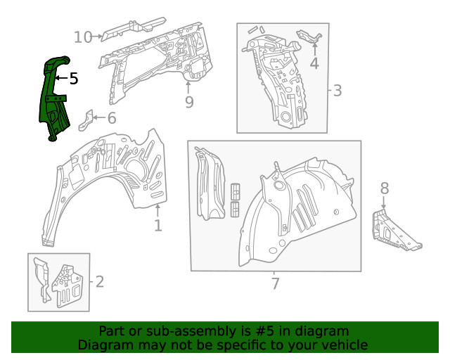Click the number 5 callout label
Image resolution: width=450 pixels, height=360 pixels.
74,79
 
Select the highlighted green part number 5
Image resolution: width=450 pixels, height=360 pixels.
52,98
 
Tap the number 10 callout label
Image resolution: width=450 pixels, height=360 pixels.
83,37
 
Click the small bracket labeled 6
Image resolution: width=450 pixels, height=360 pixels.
84,120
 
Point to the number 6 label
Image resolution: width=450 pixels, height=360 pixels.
111,118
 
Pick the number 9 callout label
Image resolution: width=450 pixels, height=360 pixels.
188,103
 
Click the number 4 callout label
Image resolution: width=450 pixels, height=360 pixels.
314,64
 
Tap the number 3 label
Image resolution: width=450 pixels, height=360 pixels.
337,90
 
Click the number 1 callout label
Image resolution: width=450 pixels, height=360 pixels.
157,225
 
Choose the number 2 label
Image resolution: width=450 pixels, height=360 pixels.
99,282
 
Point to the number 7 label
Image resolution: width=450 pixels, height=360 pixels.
275,284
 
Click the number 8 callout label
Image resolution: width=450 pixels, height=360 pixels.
384,188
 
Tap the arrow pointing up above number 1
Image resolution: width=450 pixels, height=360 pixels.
157,209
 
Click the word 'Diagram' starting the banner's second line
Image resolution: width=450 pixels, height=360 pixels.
103,345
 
